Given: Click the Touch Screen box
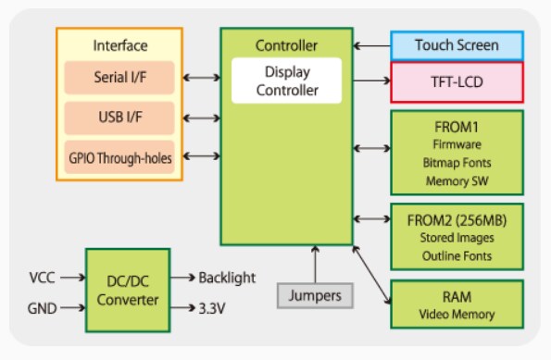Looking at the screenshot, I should [457, 44].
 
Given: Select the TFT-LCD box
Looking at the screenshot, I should [457, 81].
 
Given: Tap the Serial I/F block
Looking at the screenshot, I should [119, 78].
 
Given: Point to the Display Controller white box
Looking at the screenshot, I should [286, 81].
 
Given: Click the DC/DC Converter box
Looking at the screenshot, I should [126, 290].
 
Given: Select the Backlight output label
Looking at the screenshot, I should [227, 278].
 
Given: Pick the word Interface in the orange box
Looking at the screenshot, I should [120, 45].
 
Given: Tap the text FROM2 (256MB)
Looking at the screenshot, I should [457, 219].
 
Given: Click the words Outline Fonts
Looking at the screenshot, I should [457, 255].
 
